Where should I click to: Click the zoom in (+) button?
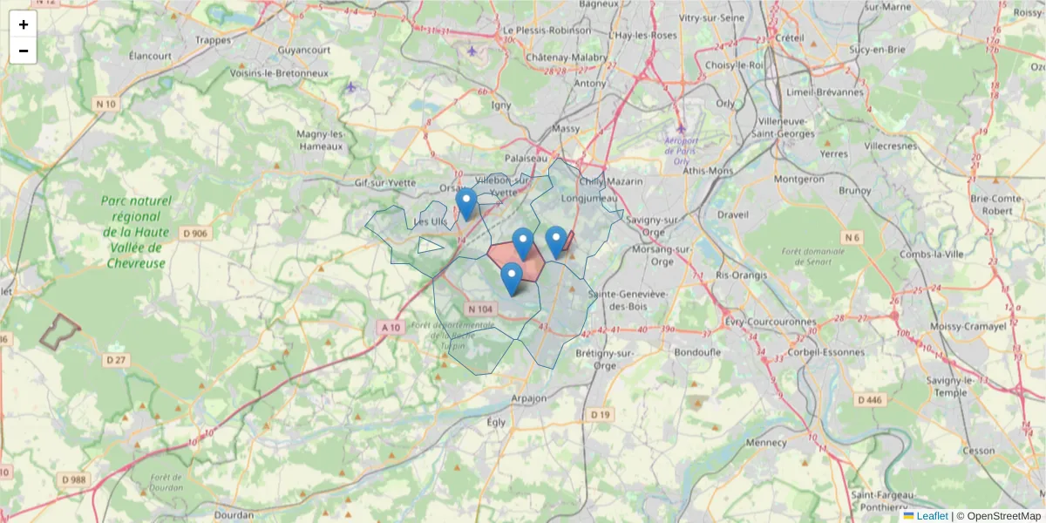click(24, 24)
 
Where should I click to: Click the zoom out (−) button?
click(24, 51)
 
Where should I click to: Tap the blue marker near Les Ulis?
click(466, 204)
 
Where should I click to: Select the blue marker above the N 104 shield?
click(512, 278)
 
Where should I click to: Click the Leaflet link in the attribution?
click(932, 516)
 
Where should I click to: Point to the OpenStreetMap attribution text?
click(1003, 516)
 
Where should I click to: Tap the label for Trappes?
click(214, 39)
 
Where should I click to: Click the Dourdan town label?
click(234, 515)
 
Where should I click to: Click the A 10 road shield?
click(390, 327)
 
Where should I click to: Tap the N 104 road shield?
click(480, 309)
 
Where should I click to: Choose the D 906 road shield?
click(196, 233)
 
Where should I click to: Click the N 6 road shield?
click(852, 237)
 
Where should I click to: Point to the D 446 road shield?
click(870, 399)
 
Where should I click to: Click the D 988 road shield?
click(75, 479)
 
